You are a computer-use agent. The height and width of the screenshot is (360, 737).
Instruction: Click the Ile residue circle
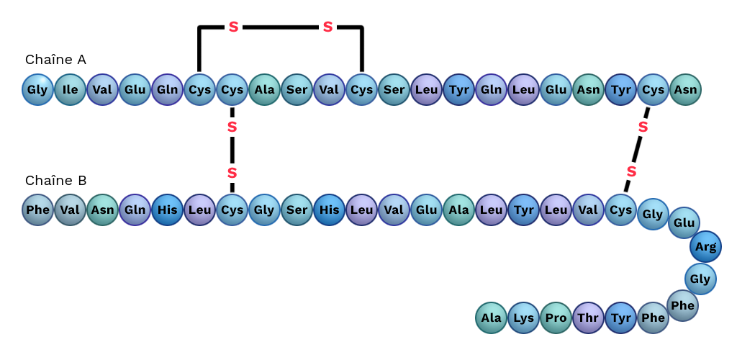pos(70,90)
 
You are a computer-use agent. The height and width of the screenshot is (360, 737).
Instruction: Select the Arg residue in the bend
pos(705,247)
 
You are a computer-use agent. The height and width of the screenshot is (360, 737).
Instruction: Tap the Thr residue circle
pos(588,318)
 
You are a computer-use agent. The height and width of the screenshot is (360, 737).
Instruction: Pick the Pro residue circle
pos(556,318)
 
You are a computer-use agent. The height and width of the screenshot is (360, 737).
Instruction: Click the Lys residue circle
pos(523,318)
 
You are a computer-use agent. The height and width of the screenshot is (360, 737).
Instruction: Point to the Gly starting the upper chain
pos(37,90)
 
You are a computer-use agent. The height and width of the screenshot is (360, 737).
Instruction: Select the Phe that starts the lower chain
pos(37,210)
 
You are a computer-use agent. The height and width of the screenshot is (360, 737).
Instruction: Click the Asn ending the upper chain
pos(685,90)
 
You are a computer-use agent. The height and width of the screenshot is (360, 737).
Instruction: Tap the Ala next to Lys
pos(491,318)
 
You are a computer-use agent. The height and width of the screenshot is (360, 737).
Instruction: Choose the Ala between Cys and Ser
pos(264,90)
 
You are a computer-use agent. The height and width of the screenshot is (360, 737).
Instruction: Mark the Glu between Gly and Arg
pos(684,222)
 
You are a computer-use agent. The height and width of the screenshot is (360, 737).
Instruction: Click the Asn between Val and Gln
pos(102,210)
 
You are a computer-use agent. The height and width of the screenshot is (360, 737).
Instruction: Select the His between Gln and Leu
pos(167,210)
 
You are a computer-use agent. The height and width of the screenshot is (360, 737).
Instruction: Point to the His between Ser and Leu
pos(329,210)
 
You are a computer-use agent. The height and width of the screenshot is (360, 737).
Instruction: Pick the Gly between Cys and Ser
pos(264,210)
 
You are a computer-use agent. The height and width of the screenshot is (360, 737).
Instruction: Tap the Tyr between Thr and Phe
pos(620,318)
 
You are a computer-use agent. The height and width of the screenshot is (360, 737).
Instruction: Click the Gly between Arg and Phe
pos(700,279)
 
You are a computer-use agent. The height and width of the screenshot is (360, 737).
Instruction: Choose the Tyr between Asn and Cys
pos(620,90)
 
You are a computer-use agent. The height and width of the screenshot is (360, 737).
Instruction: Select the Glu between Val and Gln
pos(135,90)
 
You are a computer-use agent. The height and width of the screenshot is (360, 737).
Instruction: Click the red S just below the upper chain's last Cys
pos(643,127)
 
